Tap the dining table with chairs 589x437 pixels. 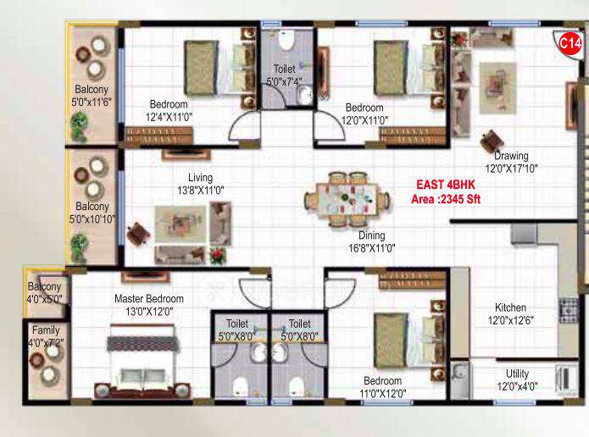pos(347,200)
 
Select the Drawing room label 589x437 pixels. pos(512,156)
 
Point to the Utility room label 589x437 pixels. pos(517,373)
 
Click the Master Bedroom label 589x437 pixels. pos(149,299)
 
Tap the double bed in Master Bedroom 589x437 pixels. pos(142,364)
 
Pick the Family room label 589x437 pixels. pos(46,330)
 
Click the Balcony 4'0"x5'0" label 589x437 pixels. pos(44,293)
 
